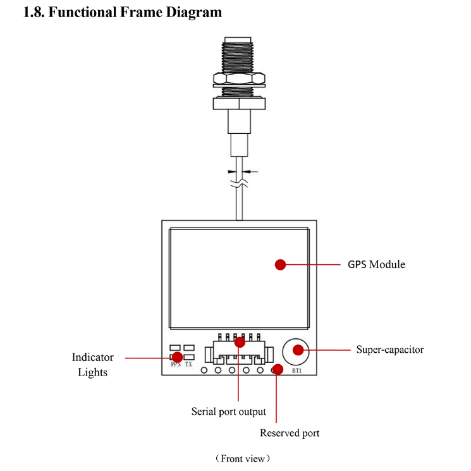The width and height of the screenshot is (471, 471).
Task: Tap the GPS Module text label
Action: tap(376, 264)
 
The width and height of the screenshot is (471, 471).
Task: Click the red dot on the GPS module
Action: tap(281, 264)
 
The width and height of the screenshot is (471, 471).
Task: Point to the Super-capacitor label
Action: tap(389, 349)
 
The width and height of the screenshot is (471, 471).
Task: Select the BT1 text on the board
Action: tap(297, 370)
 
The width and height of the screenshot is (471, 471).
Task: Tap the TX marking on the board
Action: tap(188, 365)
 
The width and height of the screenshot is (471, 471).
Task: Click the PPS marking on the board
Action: tap(175, 365)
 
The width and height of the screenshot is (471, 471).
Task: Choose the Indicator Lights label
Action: tap(92, 365)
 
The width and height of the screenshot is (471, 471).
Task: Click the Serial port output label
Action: tap(229, 412)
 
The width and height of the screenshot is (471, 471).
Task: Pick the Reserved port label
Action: tap(290, 433)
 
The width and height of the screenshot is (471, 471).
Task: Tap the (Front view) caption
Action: tap(242, 458)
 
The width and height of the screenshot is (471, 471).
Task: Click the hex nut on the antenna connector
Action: tap(238, 79)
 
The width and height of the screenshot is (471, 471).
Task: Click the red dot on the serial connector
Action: tap(240, 342)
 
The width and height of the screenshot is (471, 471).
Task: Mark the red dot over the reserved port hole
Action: tap(276, 370)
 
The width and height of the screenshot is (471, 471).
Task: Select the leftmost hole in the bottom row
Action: tap(204, 370)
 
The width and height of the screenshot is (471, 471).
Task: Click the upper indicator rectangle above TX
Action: tap(188, 348)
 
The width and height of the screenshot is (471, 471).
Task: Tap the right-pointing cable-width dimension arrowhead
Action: tap(232, 171)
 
